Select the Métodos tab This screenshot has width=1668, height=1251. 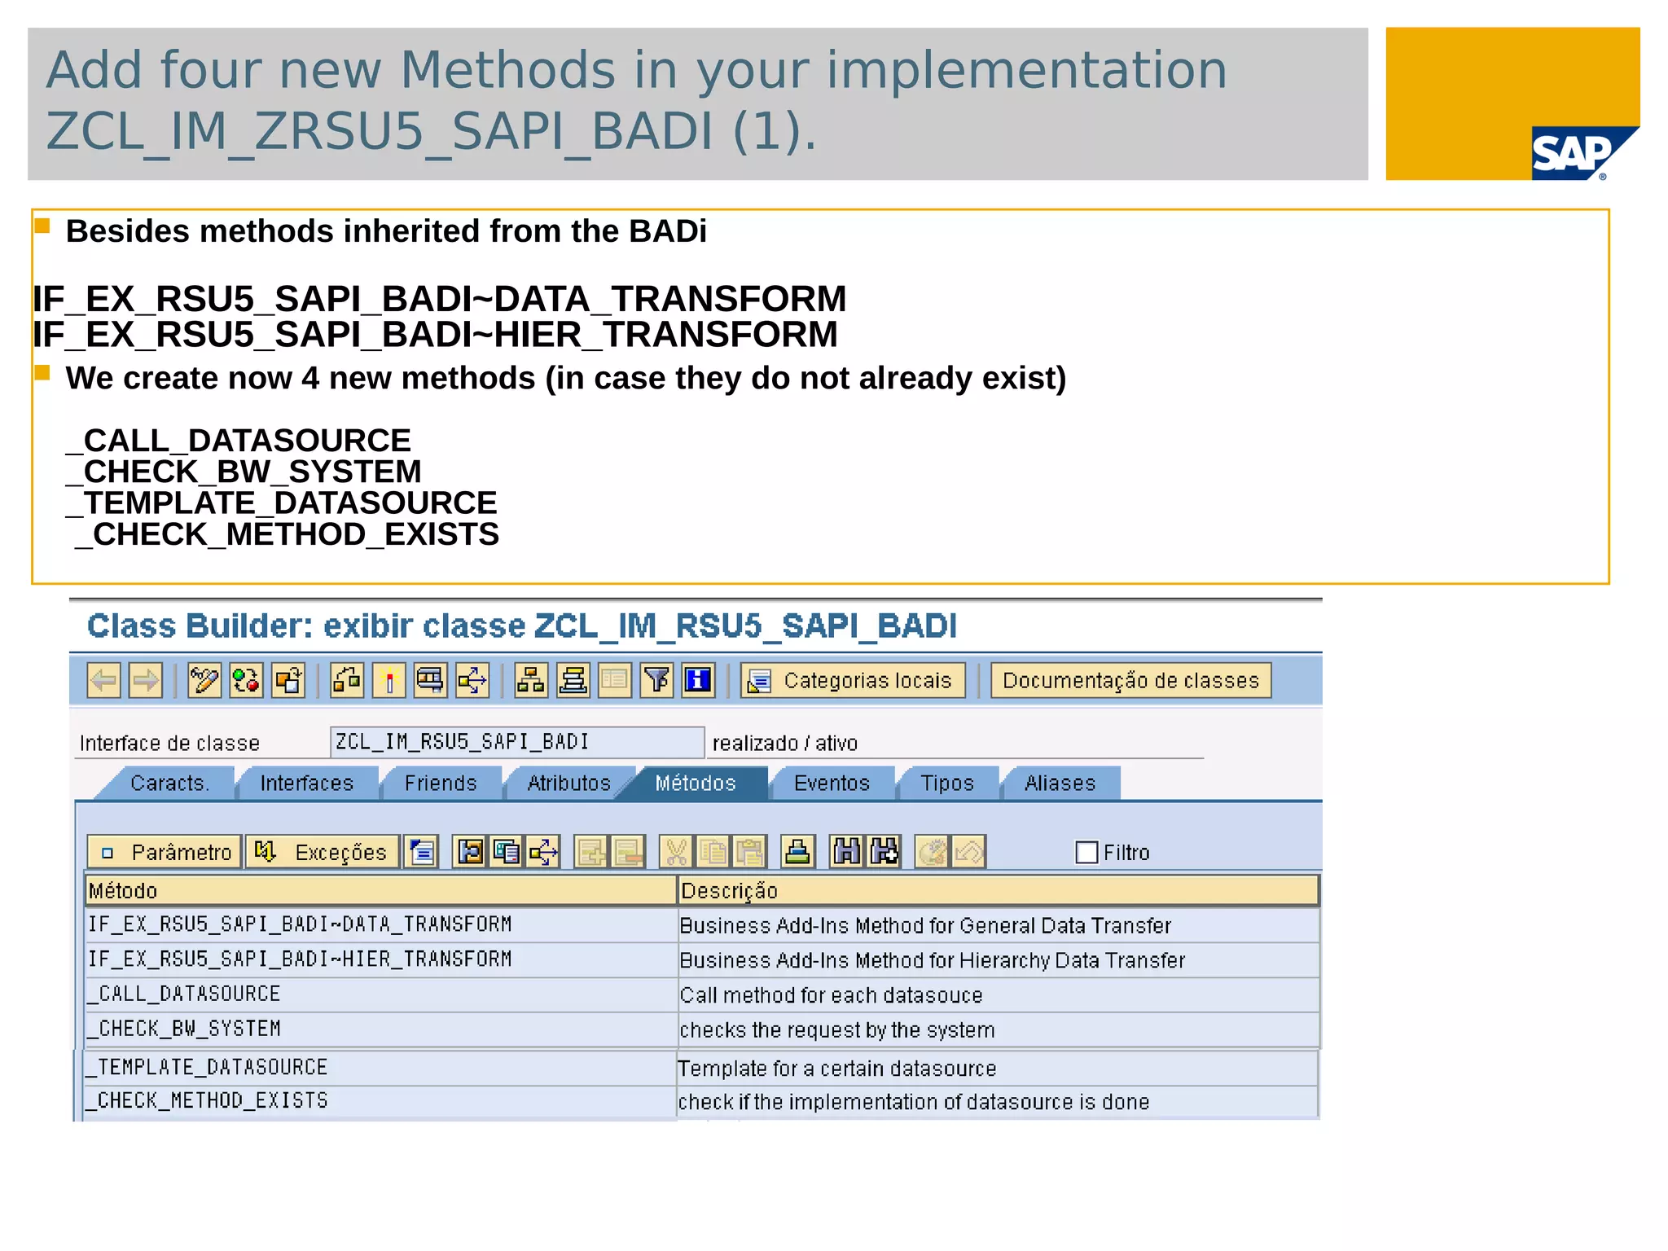pyautogui.click(x=695, y=784)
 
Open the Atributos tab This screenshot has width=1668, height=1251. pyautogui.click(x=568, y=784)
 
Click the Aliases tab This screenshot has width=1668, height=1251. pyautogui.click(x=1060, y=784)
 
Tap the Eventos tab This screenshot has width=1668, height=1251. pyautogui.click(x=832, y=784)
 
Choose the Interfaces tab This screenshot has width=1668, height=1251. pyautogui.click(x=306, y=784)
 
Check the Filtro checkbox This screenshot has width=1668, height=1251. pyautogui.click(x=1086, y=853)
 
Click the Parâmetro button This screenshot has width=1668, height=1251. pyautogui.click(x=165, y=853)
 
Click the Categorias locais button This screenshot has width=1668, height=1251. pyautogui.click(x=853, y=681)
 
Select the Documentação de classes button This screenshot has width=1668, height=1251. pyautogui.click(x=1130, y=681)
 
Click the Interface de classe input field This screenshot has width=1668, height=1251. pyautogui.click(x=516, y=742)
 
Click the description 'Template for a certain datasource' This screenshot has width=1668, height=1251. pyautogui.click(x=836, y=1069)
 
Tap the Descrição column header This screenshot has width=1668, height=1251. pyautogui.click(x=997, y=891)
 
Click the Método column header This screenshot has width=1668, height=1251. pyautogui.click(x=380, y=891)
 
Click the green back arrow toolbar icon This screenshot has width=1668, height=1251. pyautogui.click(x=103, y=681)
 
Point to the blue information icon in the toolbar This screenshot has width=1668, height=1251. pyautogui.click(x=698, y=680)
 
